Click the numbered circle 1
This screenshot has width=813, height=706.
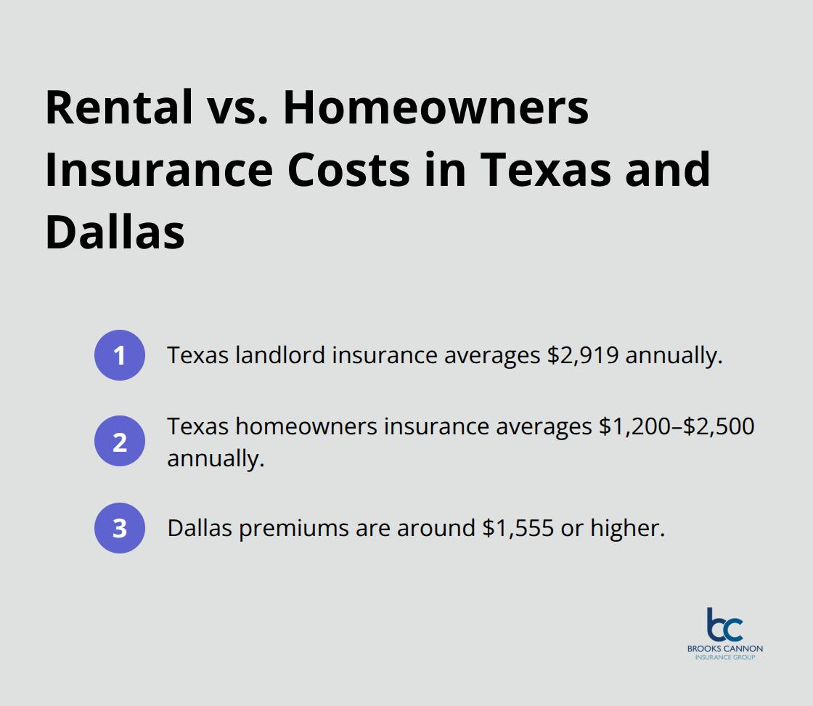[120, 355]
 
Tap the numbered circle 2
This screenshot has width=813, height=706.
[120, 442]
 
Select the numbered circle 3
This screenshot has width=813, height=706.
[120, 528]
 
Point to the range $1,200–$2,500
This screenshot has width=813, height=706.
[677, 426]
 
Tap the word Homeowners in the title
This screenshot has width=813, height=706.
[436, 109]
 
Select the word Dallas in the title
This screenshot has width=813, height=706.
[115, 232]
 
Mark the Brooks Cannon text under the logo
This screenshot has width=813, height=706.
[725, 648]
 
